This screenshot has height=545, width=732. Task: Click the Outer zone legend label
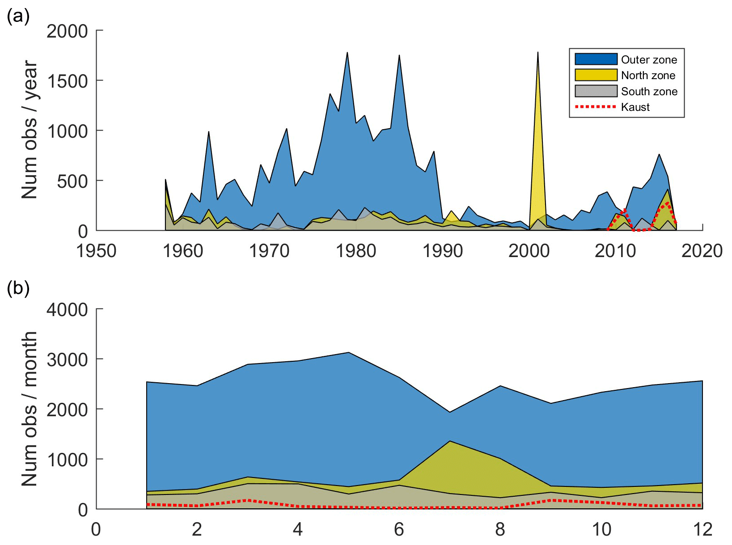pos(649,60)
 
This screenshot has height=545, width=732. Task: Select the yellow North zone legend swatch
pos(596,75)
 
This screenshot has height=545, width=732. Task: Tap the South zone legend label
pos(649,92)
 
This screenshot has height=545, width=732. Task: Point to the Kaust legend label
pos(635,107)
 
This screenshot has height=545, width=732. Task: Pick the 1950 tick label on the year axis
pos(96,251)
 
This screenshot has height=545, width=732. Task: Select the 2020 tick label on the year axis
pos(702,251)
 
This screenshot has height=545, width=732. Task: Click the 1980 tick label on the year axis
pos(356,251)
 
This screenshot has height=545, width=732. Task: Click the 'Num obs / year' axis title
pos(30,130)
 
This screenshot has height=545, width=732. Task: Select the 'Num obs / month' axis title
pos(30,409)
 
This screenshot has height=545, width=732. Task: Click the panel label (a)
pos(18,17)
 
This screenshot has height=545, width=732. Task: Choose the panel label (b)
pos(18,288)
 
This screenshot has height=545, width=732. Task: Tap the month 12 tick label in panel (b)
pos(702,530)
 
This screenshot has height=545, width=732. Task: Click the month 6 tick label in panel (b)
pos(399,530)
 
